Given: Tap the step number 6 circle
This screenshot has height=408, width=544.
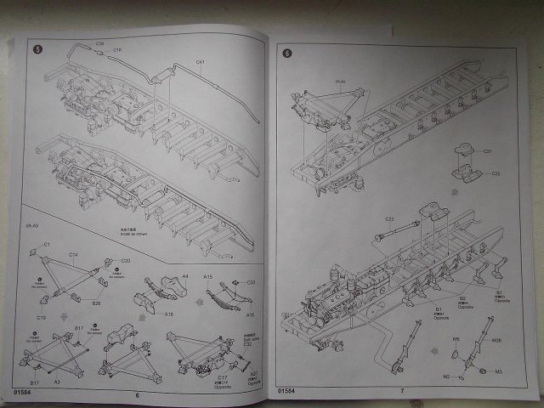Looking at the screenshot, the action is [x=286, y=53].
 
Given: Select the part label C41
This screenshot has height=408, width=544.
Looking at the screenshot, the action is [x=201, y=62].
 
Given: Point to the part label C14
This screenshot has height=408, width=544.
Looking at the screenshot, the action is [x=73, y=254].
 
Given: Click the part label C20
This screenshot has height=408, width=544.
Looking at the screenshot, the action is [x=125, y=261].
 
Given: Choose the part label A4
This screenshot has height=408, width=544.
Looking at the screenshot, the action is [x=185, y=277].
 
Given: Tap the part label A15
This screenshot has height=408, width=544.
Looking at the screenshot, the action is [x=207, y=277].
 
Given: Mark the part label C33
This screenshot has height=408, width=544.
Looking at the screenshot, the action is [x=251, y=282].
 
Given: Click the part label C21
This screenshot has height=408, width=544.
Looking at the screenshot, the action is [x=488, y=151].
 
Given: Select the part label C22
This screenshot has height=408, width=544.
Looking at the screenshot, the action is [x=495, y=173].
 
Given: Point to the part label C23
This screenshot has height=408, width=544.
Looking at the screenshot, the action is [x=389, y=218].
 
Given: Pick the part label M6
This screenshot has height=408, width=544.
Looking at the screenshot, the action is [x=456, y=339].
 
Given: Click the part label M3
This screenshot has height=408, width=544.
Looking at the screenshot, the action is [x=499, y=371].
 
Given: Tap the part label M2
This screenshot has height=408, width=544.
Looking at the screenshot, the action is [x=445, y=376].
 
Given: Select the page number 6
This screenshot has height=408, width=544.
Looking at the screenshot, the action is [x=135, y=394].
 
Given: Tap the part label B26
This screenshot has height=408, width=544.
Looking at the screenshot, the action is [x=96, y=302].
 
